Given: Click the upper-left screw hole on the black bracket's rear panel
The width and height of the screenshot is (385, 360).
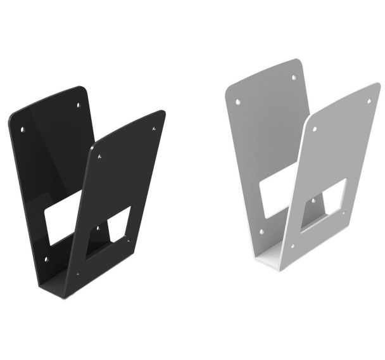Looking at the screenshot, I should coord(23,129).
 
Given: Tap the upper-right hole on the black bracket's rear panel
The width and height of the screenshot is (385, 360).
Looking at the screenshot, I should coord(78,105).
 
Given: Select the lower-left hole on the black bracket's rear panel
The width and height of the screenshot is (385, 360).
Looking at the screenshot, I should coord(46,259).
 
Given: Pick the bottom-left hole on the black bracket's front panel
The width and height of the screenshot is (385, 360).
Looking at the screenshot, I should coord(78,274).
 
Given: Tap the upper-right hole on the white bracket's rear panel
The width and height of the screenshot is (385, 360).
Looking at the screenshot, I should coord(293,77).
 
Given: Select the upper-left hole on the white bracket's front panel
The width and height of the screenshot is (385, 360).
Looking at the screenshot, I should coord(315,129).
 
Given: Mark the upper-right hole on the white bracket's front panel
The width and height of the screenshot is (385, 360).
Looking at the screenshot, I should coord(369,101).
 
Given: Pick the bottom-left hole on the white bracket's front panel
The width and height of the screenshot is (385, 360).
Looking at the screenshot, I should coord(292,246).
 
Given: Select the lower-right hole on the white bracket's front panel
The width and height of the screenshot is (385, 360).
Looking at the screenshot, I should coord(344,214).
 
